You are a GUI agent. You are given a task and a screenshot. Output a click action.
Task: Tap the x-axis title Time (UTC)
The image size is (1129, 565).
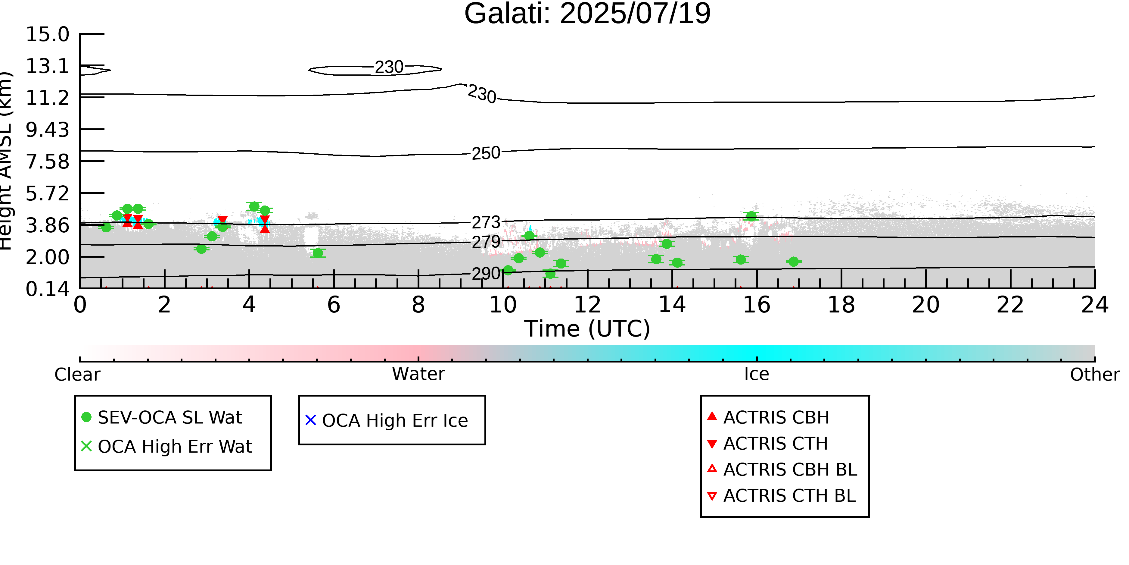tap(587, 328)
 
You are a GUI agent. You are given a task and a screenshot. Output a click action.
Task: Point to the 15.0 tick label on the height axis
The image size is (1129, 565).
tap(47, 34)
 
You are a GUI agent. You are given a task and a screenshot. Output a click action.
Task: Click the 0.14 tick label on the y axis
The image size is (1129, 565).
tap(47, 289)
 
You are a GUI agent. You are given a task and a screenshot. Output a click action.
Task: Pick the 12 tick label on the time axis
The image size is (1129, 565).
tap(587, 305)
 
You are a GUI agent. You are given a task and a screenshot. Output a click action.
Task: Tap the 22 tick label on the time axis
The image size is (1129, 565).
tap(1010, 305)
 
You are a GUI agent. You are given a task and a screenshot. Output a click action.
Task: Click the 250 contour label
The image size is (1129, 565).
tap(486, 153)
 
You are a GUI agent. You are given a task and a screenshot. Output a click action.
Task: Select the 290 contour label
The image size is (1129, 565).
tap(486, 273)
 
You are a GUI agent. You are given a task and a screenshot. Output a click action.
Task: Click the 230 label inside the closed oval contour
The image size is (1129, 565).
tap(389, 67)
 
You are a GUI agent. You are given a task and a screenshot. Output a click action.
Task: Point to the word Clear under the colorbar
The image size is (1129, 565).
tap(77, 374)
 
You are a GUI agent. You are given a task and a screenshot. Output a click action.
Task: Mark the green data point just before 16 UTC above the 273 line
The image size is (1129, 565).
tap(751, 216)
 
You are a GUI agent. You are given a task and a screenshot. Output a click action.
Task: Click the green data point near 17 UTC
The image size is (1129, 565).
tap(793, 262)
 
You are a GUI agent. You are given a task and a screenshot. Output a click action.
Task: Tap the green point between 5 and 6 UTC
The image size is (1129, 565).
tap(318, 253)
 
